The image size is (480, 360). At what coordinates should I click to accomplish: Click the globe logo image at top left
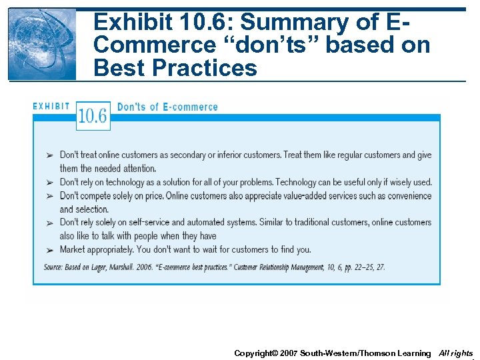[x=43, y=44]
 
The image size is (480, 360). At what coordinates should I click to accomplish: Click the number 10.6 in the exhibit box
[x=93, y=116]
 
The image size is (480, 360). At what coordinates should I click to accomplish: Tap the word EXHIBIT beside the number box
[x=51, y=106]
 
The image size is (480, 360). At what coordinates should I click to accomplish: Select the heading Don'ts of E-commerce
[x=167, y=107]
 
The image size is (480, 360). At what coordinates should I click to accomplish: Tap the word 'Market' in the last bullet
[x=73, y=249]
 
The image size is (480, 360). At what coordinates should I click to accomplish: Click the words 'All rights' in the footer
[x=456, y=353]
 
